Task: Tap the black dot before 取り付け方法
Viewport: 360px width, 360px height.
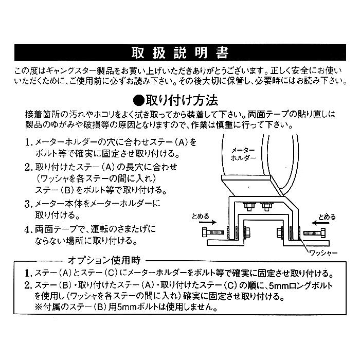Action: tap(138, 99)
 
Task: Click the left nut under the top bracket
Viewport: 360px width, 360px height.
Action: tap(248, 207)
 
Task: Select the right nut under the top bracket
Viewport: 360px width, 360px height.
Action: tap(266, 207)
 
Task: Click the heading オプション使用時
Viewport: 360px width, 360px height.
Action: tap(105, 260)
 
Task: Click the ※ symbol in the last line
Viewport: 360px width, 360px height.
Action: tap(40, 308)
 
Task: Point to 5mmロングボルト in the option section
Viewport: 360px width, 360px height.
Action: tap(296, 285)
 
